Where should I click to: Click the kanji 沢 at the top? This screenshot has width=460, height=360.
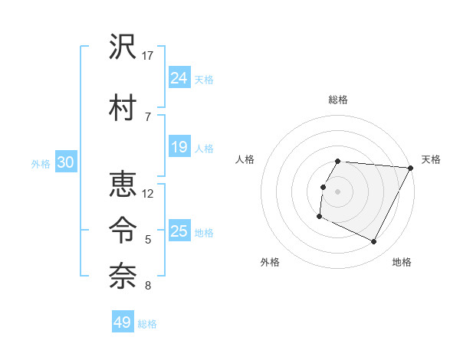pos(122,49)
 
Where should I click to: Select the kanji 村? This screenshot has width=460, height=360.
pos(122,108)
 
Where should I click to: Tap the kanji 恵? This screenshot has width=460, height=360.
pos(122,186)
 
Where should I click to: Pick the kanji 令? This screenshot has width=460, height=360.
pos(122,227)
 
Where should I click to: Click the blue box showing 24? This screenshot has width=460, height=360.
pos(179,77)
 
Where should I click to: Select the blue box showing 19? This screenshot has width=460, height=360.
pos(179,147)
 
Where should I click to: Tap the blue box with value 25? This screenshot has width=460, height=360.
pos(179,231)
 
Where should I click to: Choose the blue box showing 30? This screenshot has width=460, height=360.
pos(65,163)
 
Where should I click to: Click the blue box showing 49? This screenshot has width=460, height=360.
pos(123,322)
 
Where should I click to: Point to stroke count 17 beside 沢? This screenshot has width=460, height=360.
pos(148,56)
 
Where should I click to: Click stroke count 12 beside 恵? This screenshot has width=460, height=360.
pos(148,194)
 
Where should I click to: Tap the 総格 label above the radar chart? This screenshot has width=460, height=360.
pos(338,100)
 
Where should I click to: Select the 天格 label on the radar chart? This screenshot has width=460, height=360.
pos(431,159)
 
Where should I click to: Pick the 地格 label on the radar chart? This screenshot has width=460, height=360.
pos(402,262)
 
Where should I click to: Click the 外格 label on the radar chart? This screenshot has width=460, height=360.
pos(270,262)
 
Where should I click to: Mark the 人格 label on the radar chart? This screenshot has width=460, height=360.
pos(245,159)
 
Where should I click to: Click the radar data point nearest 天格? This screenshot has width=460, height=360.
pos(411,168)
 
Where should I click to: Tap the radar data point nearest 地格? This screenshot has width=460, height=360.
pos(374,242)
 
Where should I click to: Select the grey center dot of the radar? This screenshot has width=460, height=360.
pos(337,191)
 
